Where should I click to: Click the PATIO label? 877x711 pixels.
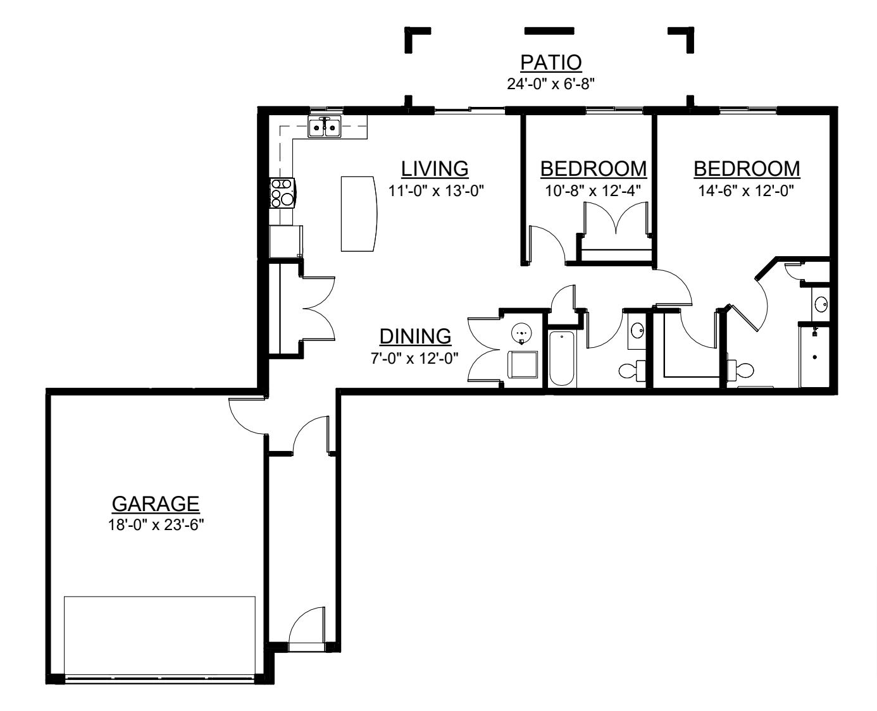coord(551,63)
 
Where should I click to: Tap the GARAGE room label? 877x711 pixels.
coord(156,504)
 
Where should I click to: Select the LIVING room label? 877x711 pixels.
coord(435,169)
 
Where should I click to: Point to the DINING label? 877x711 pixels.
coord(415,337)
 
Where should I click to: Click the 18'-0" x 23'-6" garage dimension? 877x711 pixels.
coord(156,526)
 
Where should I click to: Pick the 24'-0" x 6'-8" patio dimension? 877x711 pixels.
coord(551,84)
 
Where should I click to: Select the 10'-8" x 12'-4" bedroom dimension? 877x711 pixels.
coord(593,191)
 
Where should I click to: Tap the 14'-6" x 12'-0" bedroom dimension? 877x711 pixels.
coord(746,191)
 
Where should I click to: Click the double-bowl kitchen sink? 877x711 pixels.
coord(325,127)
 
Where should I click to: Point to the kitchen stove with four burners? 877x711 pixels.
coord(282,193)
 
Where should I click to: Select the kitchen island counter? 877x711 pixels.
coord(359,214)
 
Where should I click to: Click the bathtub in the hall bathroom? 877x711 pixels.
coord(562,359)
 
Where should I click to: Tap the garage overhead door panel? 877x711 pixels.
coord(159,635)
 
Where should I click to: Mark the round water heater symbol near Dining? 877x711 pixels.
coord(521,331)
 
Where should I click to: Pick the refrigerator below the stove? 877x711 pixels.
coord(286,241)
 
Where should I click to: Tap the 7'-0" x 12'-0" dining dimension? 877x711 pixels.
coord(414,359)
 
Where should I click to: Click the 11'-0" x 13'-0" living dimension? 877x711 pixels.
coord(436,191)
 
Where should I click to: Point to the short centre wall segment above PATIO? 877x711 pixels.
coord(549,31)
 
